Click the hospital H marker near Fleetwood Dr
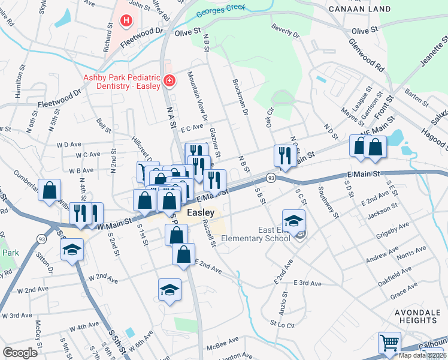coord(126,22)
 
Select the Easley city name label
coord(201,212)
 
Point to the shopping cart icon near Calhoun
coord(389,344)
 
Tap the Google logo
coord(20,353)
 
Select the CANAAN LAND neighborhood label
coord(360,9)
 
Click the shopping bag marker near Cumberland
coord(50,190)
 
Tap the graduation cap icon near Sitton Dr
coord(72,250)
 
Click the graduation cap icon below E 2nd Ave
coord(170,290)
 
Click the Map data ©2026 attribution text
coord(423,355)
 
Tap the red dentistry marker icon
coord(169,80)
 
